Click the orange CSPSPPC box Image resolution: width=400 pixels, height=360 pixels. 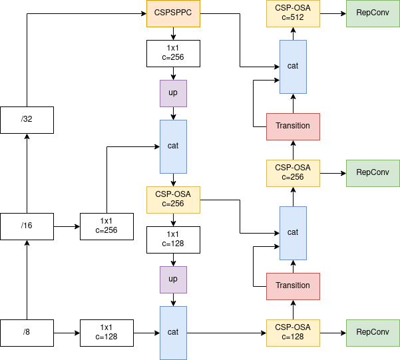click(x=173, y=13)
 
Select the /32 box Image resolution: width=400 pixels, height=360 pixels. click(x=27, y=120)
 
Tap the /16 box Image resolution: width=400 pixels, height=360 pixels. click(x=27, y=226)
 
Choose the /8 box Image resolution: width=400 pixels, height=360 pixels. click(x=27, y=333)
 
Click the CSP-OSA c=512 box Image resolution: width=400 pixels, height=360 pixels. click(x=293, y=13)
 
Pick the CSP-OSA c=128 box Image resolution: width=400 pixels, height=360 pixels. click(x=293, y=333)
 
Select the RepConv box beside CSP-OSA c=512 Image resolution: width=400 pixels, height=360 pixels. click(x=373, y=13)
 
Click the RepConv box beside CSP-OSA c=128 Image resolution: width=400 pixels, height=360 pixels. click(x=373, y=333)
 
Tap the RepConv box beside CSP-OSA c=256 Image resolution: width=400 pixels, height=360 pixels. click(x=373, y=173)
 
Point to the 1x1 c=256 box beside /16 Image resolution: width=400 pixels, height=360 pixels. click(x=106, y=226)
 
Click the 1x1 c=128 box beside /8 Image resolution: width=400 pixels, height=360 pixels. click(x=106, y=333)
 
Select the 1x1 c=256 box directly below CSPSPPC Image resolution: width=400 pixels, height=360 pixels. click(x=173, y=53)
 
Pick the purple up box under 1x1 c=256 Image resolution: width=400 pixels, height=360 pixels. click(x=173, y=93)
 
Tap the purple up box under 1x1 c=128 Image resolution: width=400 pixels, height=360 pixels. click(x=173, y=279)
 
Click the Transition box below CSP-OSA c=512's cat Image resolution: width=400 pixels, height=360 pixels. click(x=293, y=126)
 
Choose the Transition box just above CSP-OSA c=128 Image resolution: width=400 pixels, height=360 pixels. click(x=293, y=286)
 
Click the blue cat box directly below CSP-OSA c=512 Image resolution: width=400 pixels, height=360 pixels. click(x=293, y=67)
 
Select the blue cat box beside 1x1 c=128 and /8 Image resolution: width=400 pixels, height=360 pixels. click(x=173, y=333)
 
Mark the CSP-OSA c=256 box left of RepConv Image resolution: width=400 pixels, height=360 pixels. click(x=293, y=173)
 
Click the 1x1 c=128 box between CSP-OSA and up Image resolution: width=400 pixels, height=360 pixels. click(x=173, y=240)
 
